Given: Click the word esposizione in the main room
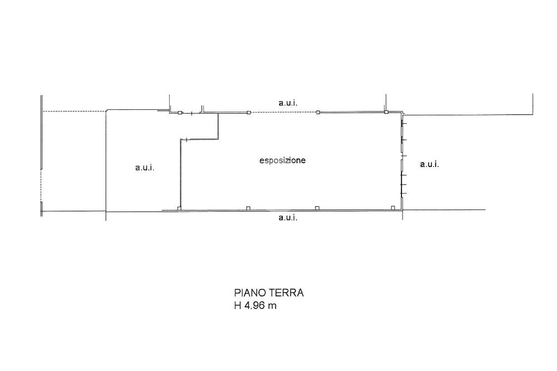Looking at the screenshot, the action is (x=282, y=160).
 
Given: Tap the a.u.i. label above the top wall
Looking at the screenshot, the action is (x=288, y=103).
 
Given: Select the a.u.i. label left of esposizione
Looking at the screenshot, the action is (x=145, y=168).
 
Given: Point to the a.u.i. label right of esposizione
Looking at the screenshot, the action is (x=430, y=164).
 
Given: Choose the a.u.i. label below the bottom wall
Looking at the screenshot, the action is (x=288, y=218).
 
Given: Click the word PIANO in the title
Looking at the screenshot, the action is (x=250, y=293).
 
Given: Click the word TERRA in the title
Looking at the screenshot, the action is (x=287, y=293).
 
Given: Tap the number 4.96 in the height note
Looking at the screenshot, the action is (x=255, y=305).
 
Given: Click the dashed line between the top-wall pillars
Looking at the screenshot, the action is (x=283, y=112).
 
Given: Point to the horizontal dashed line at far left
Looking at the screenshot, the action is (x=74, y=112).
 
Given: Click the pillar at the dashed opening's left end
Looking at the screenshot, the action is (x=249, y=112).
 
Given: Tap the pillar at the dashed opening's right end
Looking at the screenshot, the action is (x=318, y=112).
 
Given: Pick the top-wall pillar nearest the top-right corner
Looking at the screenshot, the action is (x=386, y=112).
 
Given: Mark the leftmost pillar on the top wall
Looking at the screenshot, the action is (x=180, y=113).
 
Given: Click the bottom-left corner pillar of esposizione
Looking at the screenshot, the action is (x=180, y=208).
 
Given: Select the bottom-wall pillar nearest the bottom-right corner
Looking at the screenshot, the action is (x=393, y=208).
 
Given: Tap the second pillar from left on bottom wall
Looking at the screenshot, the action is (x=248, y=208).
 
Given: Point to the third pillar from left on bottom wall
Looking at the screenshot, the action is (x=317, y=208).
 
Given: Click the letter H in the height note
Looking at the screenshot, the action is (x=238, y=305).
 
